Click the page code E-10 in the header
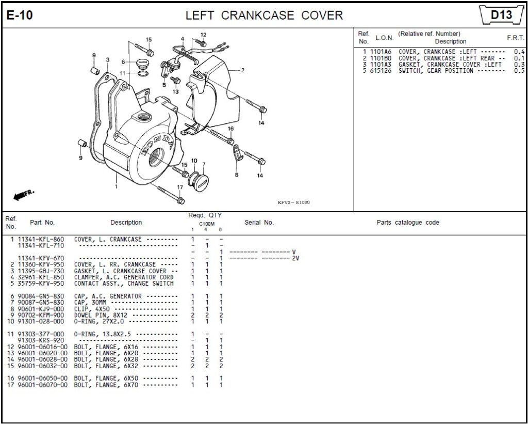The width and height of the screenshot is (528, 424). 20,15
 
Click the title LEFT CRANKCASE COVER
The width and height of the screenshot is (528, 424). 264,15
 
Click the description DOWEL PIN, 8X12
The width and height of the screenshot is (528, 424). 101,315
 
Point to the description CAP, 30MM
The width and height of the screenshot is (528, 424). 93,303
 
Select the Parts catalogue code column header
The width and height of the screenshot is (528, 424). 408,223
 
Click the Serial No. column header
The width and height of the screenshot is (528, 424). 259,223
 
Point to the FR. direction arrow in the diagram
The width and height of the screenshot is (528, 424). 24,195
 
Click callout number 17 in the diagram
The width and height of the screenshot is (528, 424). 180,187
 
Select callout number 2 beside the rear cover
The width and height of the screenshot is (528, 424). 242,71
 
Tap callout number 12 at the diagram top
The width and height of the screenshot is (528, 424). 203,35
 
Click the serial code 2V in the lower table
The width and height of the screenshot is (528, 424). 295,258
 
